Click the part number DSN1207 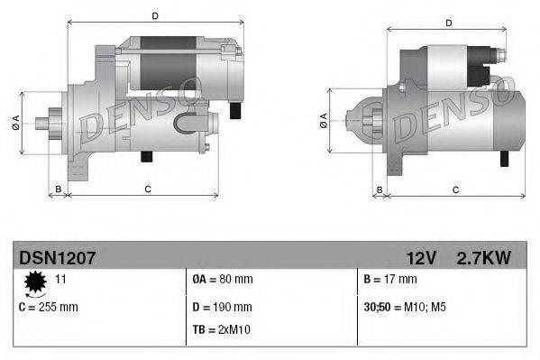(57, 258)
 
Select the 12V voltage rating (420, 258)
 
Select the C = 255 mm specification (49, 307)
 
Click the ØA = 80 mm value (224, 280)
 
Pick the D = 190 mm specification (223, 307)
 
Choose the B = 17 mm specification (392, 280)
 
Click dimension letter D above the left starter (155, 16)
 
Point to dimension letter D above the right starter (448, 23)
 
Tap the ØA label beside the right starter (324, 121)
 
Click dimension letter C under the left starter (146, 189)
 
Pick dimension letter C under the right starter (455, 189)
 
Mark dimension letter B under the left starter (59, 189)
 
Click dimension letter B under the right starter (380, 189)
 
